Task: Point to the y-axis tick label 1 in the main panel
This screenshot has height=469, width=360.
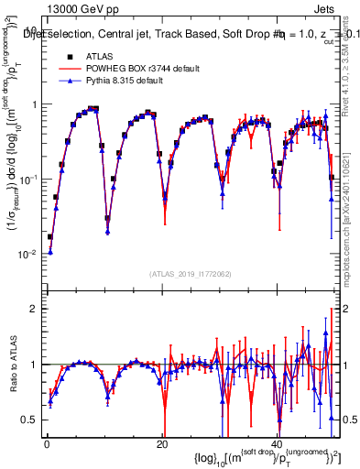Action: [x=35, y=104]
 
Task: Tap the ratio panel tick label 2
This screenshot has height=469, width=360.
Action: [x=35, y=309]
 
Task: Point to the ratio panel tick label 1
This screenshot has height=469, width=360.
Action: [x=35, y=365]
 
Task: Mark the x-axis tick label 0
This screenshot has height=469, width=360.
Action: [x=47, y=443]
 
